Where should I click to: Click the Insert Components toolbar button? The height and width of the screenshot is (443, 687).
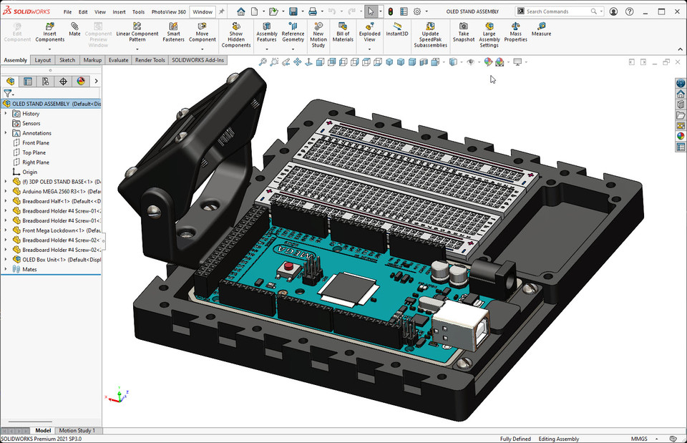49,32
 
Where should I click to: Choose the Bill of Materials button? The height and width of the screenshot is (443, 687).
343,32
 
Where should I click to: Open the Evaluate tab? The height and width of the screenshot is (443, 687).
118,60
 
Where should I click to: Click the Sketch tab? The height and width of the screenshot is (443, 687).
67,60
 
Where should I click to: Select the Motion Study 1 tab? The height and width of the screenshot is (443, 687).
77,430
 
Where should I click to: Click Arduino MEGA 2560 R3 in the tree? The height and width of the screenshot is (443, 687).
61,191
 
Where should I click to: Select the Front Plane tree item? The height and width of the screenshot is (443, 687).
36,142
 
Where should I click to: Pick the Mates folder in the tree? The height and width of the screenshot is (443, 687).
29,269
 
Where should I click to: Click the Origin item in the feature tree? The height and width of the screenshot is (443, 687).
29,172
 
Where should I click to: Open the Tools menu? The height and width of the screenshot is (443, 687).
138,12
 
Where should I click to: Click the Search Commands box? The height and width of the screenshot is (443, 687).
558,11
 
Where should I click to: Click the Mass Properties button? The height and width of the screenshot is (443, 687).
515,32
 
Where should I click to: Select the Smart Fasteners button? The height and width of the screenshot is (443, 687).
173,32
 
